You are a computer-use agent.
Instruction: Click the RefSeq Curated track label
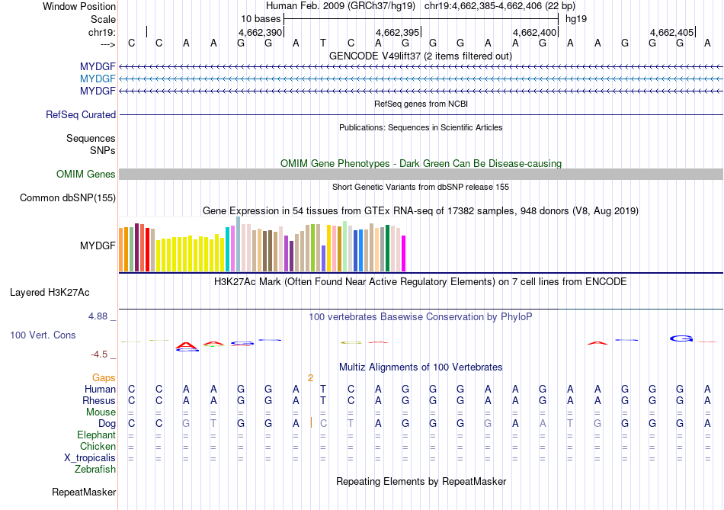pyautogui.click(x=81, y=115)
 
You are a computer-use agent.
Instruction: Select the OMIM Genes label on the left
pyautogui.click(x=86, y=175)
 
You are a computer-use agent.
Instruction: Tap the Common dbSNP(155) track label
pyautogui.click(x=68, y=198)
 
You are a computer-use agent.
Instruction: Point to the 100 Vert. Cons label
pyautogui.click(x=43, y=335)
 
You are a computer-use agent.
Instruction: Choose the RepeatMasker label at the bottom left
pyautogui.click(x=84, y=492)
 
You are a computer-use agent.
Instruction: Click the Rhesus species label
pyautogui.click(x=99, y=400)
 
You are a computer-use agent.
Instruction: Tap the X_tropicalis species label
pyautogui.click(x=90, y=458)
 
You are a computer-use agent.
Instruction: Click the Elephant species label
pyautogui.click(x=96, y=435)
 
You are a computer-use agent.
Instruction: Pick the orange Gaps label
pyautogui.click(x=104, y=377)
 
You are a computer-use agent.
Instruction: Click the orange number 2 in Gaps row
pyautogui.click(x=310, y=377)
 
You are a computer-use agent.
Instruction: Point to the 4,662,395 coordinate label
pyautogui.click(x=398, y=33)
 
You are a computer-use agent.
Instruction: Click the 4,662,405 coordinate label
pyautogui.click(x=672, y=33)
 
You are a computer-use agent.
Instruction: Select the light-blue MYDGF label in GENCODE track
pyautogui.click(x=98, y=79)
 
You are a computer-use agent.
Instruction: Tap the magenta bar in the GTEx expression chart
pyautogui.click(x=404, y=253)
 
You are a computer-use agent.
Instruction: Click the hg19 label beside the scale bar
pyautogui.click(x=575, y=18)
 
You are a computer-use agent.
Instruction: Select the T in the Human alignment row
pyautogui.click(x=323, y=389)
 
